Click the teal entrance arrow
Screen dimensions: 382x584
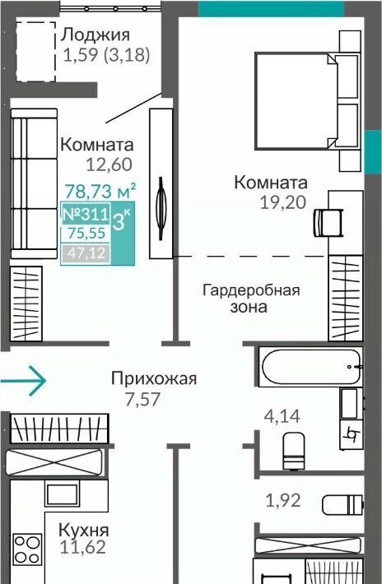click(x=23, y=380)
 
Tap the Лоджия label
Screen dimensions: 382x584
click(x=95, y=35)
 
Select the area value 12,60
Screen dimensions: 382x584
click(x=109, y=165)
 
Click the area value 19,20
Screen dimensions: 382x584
click(x=283, y=202)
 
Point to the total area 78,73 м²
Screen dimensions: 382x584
click(x=100, y=191)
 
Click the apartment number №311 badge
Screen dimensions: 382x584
click(x=86, y=214)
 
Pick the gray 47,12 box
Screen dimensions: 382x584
click(x=86, y=253)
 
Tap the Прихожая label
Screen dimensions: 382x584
click(x=154, y=379)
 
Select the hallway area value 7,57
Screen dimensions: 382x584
click(x=142, y=399)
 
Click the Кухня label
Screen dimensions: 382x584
click(x=84, y=530)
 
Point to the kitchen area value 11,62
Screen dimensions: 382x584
click(x=82, y=547)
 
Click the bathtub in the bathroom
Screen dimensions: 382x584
click(x=311, y=367)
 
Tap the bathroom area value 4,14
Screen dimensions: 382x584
click(x=282, y=415)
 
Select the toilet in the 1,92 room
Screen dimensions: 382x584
click(x=342, y=505)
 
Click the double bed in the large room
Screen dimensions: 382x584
click(x=307, y=101)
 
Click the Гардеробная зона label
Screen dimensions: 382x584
click(x=251, y=299)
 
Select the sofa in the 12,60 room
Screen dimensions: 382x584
click(x=34, y=183)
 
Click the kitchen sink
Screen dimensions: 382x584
click(x=63, y=494)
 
